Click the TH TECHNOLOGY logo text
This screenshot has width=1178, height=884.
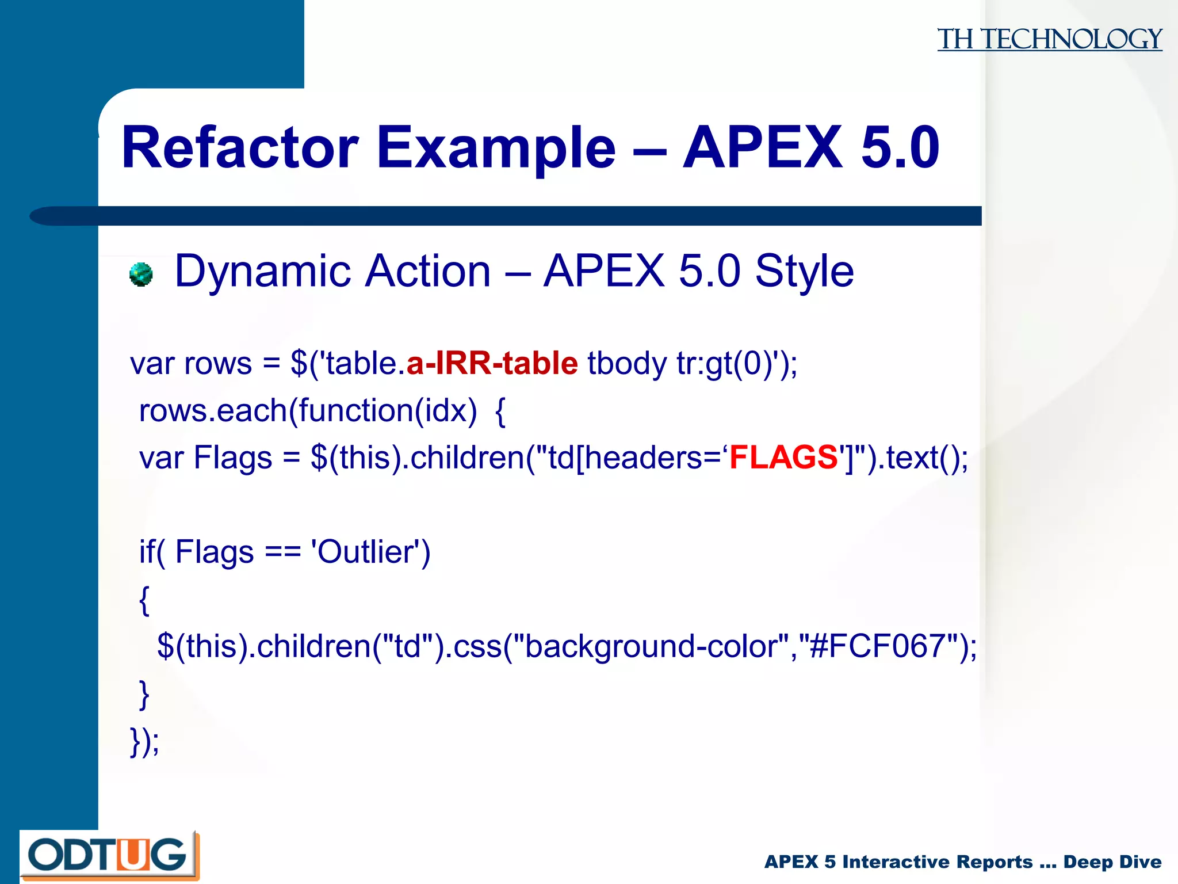click(1049, 39)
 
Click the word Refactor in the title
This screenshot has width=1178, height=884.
click(240, 148)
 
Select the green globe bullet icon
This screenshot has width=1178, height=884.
click(141, 274)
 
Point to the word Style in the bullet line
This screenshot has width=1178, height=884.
click(804, 270)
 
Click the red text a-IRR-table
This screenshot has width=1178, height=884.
click(492, 364)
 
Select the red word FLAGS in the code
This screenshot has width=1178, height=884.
click(783, 458)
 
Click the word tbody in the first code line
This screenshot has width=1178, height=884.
click(626, 364)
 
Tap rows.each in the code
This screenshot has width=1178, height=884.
click(213, 411)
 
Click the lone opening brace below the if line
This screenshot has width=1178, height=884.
click(144, 601)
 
